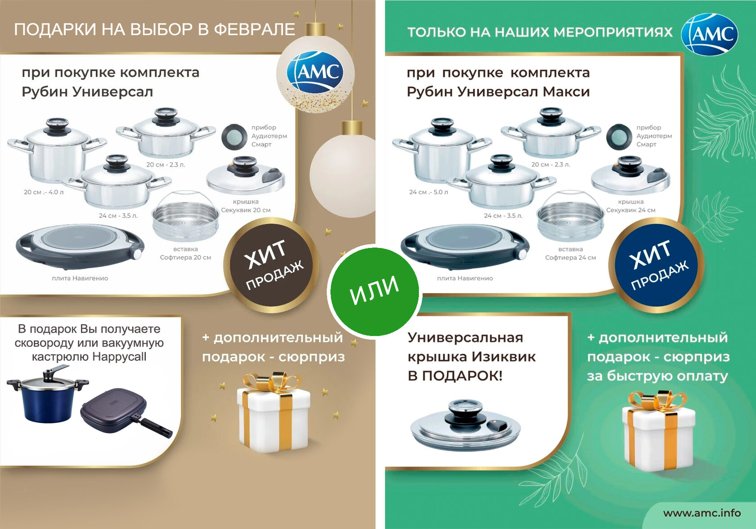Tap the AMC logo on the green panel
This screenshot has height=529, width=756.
[709, 34]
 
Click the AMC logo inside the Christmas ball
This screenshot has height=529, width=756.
[315, 72]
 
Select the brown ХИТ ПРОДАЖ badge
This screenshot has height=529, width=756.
[271, 265]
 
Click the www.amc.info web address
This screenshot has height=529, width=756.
[702, 513]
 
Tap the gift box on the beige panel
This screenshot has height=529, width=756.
[274, 412]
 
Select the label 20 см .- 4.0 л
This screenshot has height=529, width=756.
[44, 192]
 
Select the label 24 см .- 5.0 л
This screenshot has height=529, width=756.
[428, 192]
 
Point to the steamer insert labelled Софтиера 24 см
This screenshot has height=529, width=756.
[570, 217]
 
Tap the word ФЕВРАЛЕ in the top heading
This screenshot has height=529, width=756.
[255, 29]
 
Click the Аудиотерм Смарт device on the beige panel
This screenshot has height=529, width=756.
[234, 136]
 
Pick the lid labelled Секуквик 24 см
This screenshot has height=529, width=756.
[630, 176]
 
